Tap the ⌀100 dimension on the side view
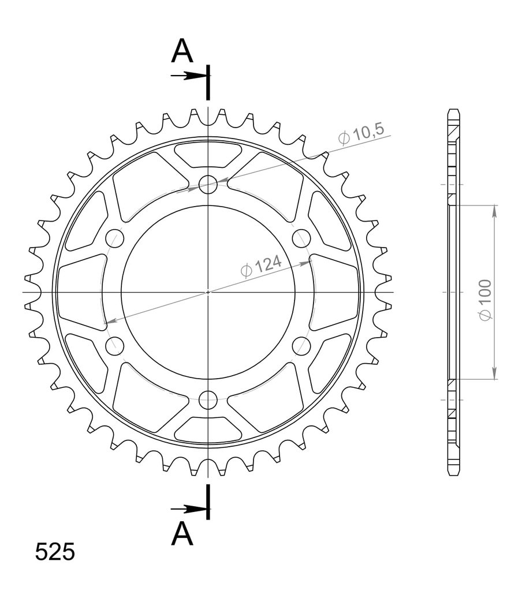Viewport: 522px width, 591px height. (486, 300)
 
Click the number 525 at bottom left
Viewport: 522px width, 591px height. (55, 552)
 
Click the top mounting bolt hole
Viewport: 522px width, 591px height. (208, 185)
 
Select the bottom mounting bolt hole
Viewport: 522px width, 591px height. (208, 400)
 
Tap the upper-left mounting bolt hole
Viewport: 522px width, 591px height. (115, 238)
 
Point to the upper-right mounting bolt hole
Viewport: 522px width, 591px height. (301, 238)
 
